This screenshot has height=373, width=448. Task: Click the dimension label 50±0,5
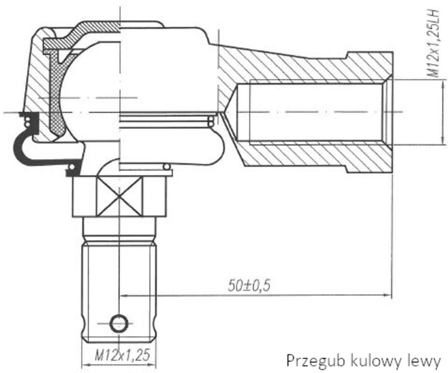[249, 285]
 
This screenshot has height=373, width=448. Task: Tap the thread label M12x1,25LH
[433, 43]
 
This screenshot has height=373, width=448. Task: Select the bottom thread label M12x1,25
[122, 356]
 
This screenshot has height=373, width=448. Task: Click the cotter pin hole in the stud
[118, 324]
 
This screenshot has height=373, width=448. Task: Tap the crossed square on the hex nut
[119, 196]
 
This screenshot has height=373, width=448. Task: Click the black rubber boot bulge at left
[20, 149]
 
